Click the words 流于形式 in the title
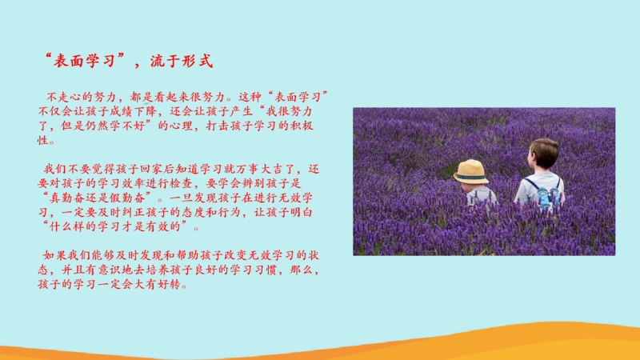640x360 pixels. click(x=182, y=62)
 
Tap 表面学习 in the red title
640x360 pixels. click(x=85, y=62)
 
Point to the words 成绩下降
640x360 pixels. click(x=133, y=111)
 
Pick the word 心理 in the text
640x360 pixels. click(x=182, y=126)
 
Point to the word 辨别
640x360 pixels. click(x=254, y=183)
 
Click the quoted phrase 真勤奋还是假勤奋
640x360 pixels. click(x=97, y=198)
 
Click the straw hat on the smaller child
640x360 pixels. click(x=471, y=172)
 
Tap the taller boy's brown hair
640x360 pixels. click(x=545, y=152)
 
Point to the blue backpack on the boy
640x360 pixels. click(x=545, y=196)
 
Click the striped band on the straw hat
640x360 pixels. click(x=471, y=178)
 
